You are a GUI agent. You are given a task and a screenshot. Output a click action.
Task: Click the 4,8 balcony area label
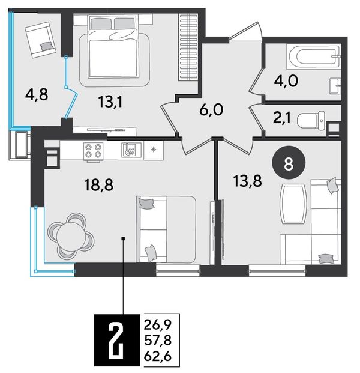37,94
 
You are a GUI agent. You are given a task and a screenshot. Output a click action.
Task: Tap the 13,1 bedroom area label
110,103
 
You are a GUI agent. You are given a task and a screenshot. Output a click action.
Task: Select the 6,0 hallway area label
211,110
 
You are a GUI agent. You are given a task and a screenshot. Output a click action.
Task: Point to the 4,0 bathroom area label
286,81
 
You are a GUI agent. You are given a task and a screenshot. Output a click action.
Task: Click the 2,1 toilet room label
282,118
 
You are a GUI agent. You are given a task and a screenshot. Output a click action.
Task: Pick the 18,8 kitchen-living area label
99,185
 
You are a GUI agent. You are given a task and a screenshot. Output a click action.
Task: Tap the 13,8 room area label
248,181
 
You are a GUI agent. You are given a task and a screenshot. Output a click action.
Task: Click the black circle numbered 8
289,164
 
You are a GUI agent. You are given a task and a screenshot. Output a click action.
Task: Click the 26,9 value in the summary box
158,325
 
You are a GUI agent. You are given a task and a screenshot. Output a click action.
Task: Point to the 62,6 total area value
158,357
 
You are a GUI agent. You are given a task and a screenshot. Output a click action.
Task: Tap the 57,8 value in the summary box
158,341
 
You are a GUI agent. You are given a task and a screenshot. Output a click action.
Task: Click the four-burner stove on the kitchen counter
93,151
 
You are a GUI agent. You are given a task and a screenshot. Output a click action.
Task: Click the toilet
311,120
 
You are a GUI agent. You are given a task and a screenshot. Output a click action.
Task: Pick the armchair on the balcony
40,40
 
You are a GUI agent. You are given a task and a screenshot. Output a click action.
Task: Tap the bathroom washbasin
335,86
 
